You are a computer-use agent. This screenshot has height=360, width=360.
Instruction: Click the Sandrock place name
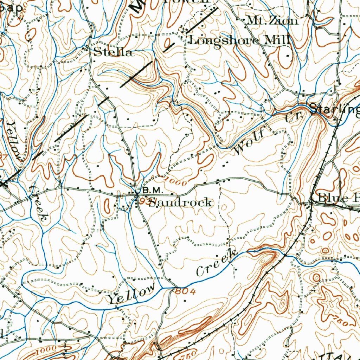point(180,202)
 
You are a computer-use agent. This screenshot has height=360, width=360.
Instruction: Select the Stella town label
point(113,53)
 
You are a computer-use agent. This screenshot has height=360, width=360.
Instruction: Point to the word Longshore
point(224,40)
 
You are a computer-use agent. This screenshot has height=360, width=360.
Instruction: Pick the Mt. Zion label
point(272,21)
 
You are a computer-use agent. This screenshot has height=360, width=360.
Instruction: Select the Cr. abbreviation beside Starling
point(291,118)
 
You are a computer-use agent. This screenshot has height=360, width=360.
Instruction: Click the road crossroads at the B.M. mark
point(137,193)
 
